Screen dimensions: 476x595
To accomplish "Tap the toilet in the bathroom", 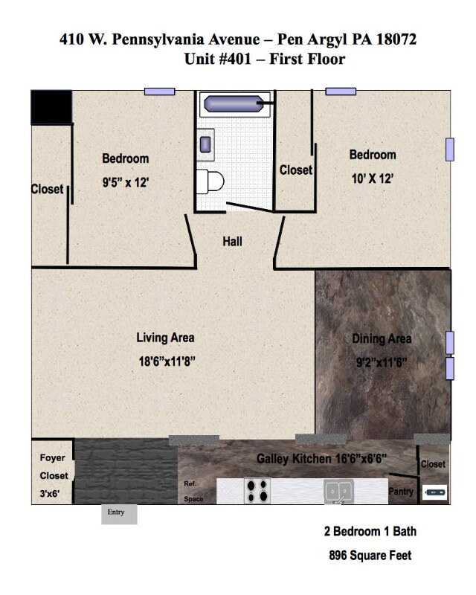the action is tap(210, 181).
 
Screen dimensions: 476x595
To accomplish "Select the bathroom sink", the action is tap(205, 144).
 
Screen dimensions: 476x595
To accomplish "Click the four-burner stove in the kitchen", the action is tap(257, 491).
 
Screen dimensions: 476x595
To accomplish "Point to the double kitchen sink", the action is tap(338, 491).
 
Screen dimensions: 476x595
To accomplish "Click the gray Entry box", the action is tap(119, 514).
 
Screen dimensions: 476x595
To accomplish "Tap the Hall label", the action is tap(232, 241).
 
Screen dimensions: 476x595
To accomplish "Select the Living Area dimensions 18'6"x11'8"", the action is tap(167, 361).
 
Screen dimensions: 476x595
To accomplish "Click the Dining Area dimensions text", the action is tap(382, 362).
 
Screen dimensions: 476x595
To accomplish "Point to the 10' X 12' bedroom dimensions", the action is tap(372, 178).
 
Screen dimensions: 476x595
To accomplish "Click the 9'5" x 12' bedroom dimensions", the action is tap(125, 182).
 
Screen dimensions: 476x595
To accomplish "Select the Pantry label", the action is tap(401, 492).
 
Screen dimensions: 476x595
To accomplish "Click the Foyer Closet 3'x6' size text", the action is tap(50, 494).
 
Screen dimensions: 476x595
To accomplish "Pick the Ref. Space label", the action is tap(193, 492).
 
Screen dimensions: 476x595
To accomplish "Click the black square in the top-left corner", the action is tap(51, 107).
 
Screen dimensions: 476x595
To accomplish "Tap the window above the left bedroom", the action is tap(159, 91).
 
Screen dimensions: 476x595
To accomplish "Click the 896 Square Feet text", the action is tap(370, 556).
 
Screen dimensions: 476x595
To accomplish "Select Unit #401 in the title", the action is tap(217, 59).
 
